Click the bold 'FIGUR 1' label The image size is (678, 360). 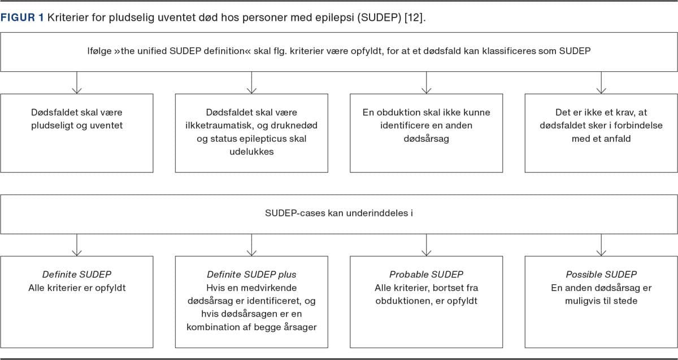click(x=22, y=18)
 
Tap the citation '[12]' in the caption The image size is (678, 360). click(x=413, y=18)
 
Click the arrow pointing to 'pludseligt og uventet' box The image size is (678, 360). click(x=77, y=83)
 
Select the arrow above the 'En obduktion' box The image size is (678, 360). click(x=427, y=83)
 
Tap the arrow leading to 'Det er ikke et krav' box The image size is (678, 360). click(x=601, y=83)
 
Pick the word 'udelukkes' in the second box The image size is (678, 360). click(x=251, y=151)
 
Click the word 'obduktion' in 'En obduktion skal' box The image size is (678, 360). click(x=397, y=112)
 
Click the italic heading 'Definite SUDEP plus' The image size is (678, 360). click(x=251, y=275)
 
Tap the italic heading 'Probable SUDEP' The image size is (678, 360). click(x=426, y=275)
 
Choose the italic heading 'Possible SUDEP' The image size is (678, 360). click(x=601, y=275)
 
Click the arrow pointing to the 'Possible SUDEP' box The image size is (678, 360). click(x=601, y=245)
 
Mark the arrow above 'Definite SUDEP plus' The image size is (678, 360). click(x=251, y=245)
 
